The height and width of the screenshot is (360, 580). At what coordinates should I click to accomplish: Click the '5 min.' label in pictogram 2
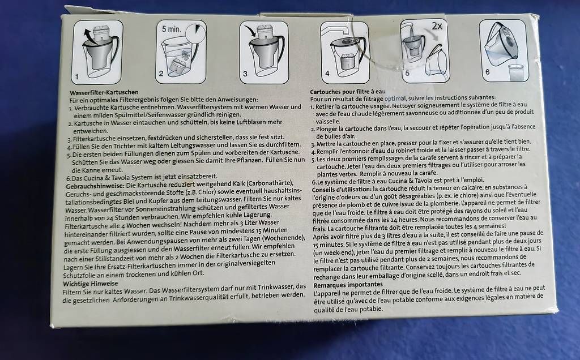pyautogui.click(x=171, y=29)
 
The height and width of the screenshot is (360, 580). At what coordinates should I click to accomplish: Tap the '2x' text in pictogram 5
pyautogui.click(x=437, y=26)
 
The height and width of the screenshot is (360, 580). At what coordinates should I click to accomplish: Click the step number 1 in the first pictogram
pyautogui.click(x=77, y=77)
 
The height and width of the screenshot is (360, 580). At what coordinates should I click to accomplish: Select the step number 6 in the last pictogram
pyautogui.click(x=488, y=72)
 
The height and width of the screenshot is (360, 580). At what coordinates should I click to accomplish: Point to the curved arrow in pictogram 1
pyautogui.click(x=88, y=36)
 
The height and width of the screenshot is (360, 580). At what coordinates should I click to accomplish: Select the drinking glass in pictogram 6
pyautogui.click(x=515, y=72)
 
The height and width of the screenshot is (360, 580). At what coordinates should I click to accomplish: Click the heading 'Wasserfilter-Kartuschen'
pyautogui.click(x=104, y=92)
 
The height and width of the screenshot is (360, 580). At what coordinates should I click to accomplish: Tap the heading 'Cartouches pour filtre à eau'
pyautogui.click(x=348, y=92)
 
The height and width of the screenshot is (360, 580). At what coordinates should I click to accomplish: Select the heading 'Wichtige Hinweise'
pyautogui.click(x=91, y=284)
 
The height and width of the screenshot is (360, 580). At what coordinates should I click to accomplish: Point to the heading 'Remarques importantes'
pyautogui.click(x=348, y=285)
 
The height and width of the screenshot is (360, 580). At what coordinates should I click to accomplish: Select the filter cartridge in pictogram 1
pyautogui.click(x=101, y=33)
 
